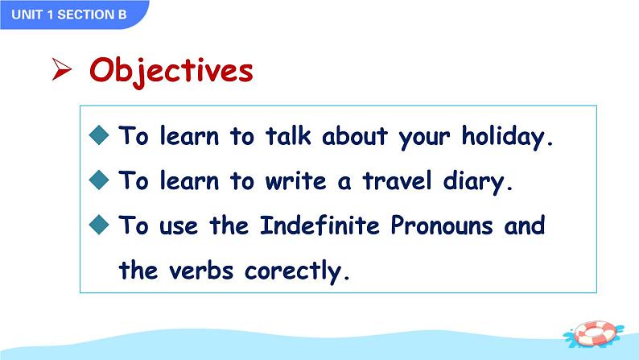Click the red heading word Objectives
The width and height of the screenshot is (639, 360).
171,72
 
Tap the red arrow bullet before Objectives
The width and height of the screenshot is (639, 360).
62,69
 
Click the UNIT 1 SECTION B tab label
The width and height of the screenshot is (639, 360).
69,14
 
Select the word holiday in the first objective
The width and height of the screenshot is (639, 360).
507,137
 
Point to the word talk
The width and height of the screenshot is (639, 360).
288,135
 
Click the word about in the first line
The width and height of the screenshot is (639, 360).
355,135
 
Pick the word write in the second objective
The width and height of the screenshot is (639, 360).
296,180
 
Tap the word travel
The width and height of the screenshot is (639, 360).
397,180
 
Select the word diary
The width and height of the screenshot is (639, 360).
477,182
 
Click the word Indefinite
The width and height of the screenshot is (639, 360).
320,225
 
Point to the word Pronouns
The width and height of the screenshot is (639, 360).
441,225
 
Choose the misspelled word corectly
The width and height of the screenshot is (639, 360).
297,271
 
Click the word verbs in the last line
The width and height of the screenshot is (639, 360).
201,270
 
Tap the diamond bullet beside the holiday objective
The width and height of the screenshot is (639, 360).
99,135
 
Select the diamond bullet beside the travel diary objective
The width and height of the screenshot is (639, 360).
99,180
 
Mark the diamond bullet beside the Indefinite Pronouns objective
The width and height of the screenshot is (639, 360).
99,225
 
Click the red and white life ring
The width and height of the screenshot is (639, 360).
594,334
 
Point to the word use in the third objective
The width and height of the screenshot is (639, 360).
179,226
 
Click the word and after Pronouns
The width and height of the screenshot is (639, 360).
525,225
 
